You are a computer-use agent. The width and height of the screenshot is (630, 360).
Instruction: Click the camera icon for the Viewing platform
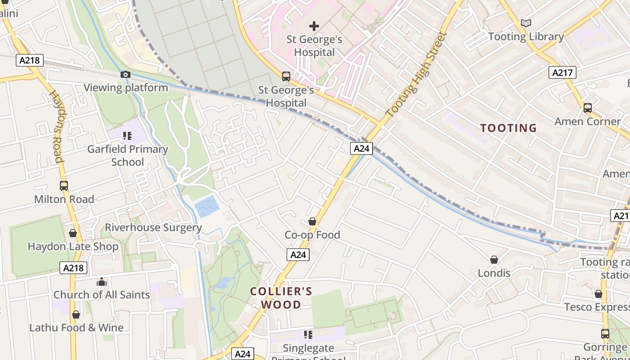pyautogui.click(x=125, y=75)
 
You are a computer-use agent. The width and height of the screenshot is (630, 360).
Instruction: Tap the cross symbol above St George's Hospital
pyautogui.click(x=314, y=26)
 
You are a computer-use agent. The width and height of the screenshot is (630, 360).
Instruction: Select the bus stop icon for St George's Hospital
pyautogui.click(x=286, y=76)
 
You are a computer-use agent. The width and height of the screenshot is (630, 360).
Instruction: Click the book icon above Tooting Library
pyautogui.click(x=526, y=23)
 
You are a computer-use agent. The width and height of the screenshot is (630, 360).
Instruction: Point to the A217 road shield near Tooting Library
pyautogui.click(x=562, y=72)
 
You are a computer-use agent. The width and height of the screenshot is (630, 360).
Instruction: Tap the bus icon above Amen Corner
pyautogui.click(x=587, y=108)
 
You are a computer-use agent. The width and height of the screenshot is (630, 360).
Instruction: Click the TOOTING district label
pyautogui.click(x=508, y=128)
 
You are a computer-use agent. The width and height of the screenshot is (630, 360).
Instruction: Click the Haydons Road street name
pyautogui.click(x=56, y=126)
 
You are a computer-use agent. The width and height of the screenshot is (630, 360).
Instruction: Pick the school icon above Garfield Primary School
pyautogui.click(x=127, y=135)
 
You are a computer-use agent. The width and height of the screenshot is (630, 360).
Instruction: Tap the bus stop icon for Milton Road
pyautogui.click(x=64, y=185)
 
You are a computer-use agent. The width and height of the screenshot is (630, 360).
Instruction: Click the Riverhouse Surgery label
pyautogui.click(x=153, y=228)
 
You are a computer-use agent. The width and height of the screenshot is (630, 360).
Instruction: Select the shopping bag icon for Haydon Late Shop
pyautogui.click(x=73, y=233)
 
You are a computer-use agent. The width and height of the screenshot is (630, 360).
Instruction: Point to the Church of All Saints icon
pyautogui.click(x=102, y=282)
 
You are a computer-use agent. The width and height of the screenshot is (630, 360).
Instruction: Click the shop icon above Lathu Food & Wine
pyautogui.click(x=76, y=315)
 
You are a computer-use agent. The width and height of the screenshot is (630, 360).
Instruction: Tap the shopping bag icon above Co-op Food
pyautogui.click(x=312, y=221)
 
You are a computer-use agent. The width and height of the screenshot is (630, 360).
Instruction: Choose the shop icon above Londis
pyautogui.click(x=494, y=260)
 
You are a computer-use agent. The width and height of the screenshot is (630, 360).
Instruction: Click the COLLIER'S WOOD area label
pyautogui.click(x=281, y=298)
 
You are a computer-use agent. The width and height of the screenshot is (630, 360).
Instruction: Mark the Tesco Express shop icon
pyautogui.click(x=598, y=294)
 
